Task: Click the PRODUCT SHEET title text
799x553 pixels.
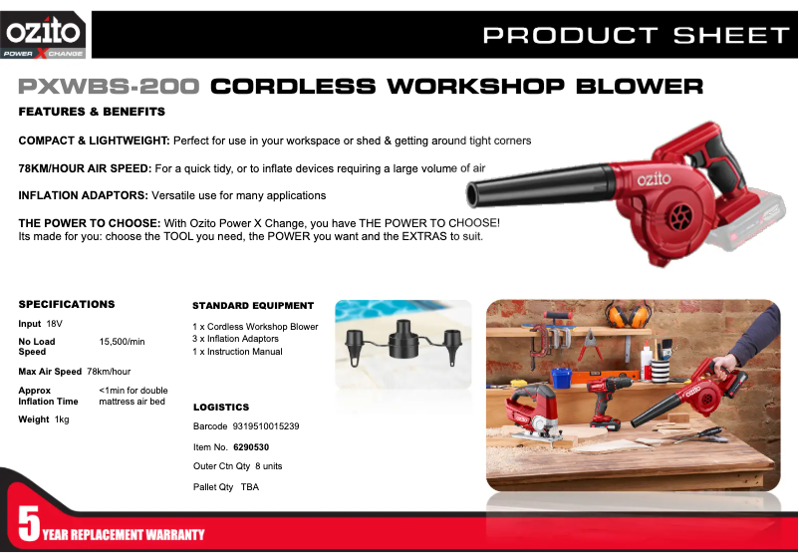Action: (x=636, y=36)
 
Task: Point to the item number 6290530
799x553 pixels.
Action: (x=264, y=446)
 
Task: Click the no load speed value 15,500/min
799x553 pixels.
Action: (x=123, y=342)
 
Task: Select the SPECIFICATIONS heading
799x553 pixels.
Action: (x=67, y=304)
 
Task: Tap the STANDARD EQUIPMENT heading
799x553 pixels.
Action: (x=253, y=306)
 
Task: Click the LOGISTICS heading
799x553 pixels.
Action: (x=220, y=408)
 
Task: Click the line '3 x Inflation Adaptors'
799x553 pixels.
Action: (x=236, y=339)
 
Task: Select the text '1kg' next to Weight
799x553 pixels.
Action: (x=62, y=419)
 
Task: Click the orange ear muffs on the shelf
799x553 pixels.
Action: (x=624, y=317)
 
